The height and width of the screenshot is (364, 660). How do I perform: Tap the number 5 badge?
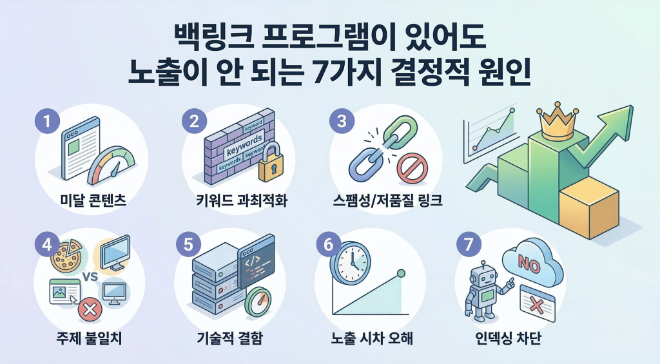pos(188,245)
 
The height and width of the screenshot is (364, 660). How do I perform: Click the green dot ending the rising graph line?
pos(400,273)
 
